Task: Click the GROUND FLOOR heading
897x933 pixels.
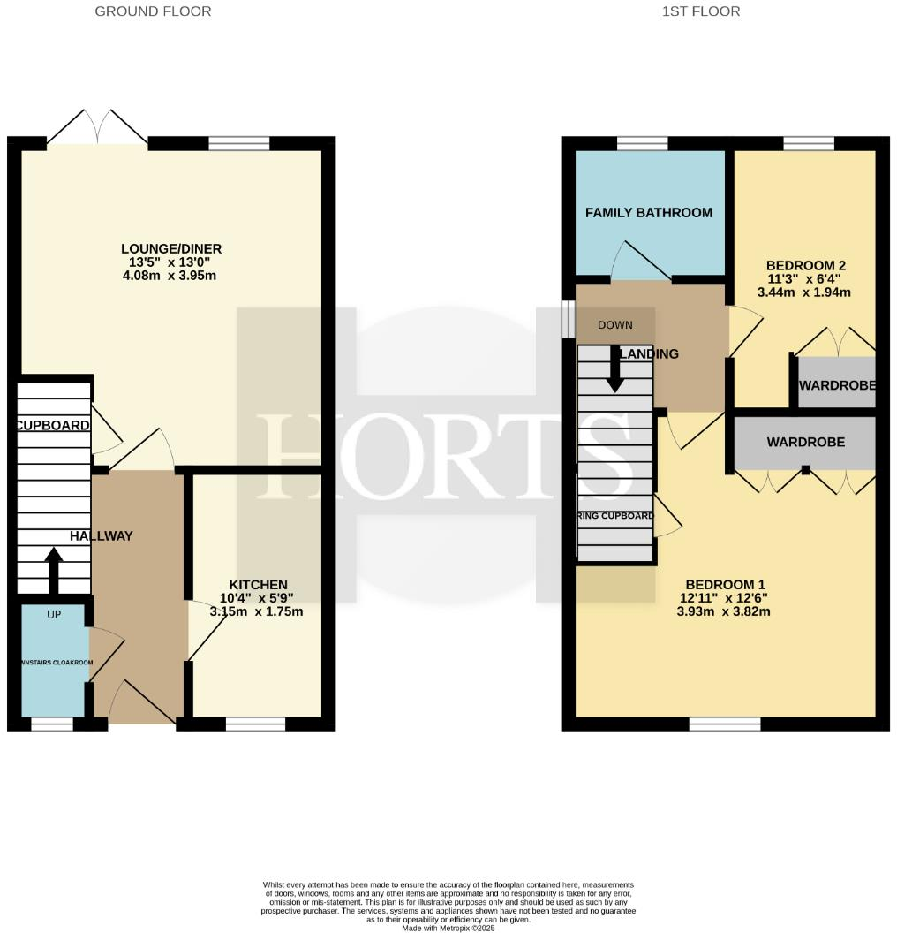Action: click(x=153, y=11)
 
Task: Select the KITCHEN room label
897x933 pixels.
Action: click(x=258, y=585)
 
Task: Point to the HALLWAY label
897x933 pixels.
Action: click(x=102, y=535)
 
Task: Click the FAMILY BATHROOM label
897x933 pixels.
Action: click(x=648, y=213)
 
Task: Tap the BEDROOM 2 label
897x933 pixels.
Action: click(x=806, y=265)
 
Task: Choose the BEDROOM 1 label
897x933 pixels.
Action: click(x=725, y=584)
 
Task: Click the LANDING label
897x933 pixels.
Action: click(x=651, y=354)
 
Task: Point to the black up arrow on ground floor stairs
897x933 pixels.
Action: click(x=53, y=570)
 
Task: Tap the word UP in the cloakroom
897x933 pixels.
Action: click(x=54, y=614)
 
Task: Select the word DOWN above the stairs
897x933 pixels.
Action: click(x=614, y=325)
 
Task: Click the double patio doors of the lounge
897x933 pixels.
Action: click(x=97, y=125)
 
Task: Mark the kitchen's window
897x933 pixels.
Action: click(x=255, y=724)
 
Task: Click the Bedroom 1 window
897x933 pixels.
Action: click(x=724, y=724)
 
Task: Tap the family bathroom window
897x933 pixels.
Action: click(x=642, y=143)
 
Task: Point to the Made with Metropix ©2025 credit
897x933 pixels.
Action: click(x=448, y=928)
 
